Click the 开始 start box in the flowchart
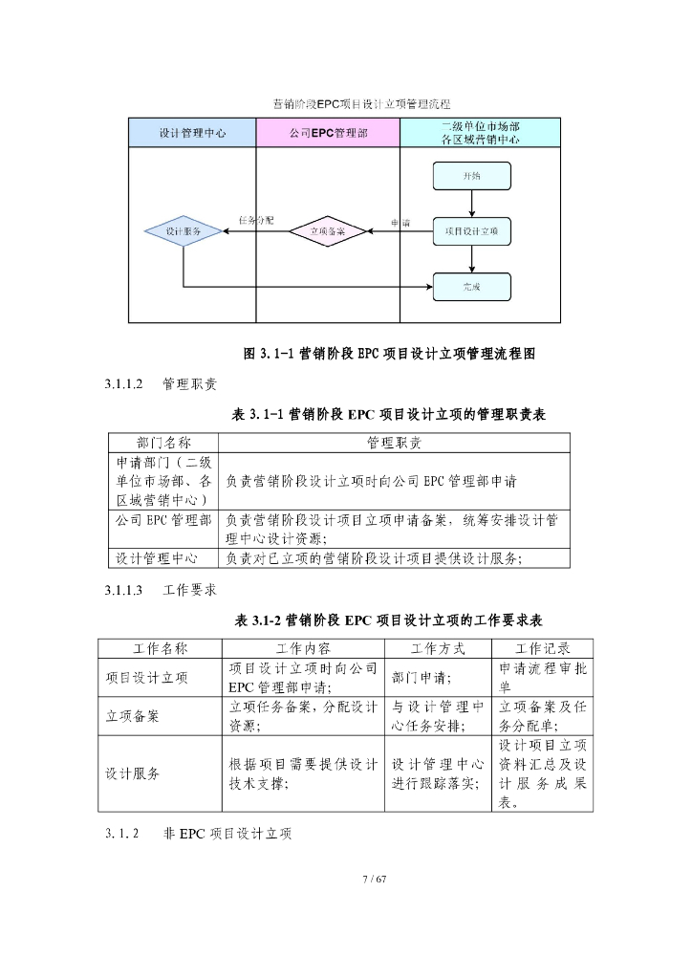[x=472, y=176]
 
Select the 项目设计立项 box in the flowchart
[x=472, y=231]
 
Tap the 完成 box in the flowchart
[x=472, y=286]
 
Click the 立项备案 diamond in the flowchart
[x=328, y=231]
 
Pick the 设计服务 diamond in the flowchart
[x=183, y=231]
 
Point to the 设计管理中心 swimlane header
[x=192, y=133]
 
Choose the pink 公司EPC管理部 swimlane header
[x=328, y=133]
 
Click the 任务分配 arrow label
[x=256, y=220]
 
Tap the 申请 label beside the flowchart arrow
[x=401, y=223]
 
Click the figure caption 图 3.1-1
[x=389, y=354]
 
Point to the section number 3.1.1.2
[x=124, y=384]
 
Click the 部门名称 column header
[x=163, y=443]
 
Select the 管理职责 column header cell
[x=394, y=443]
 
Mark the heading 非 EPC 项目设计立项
[x=227, y=834]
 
